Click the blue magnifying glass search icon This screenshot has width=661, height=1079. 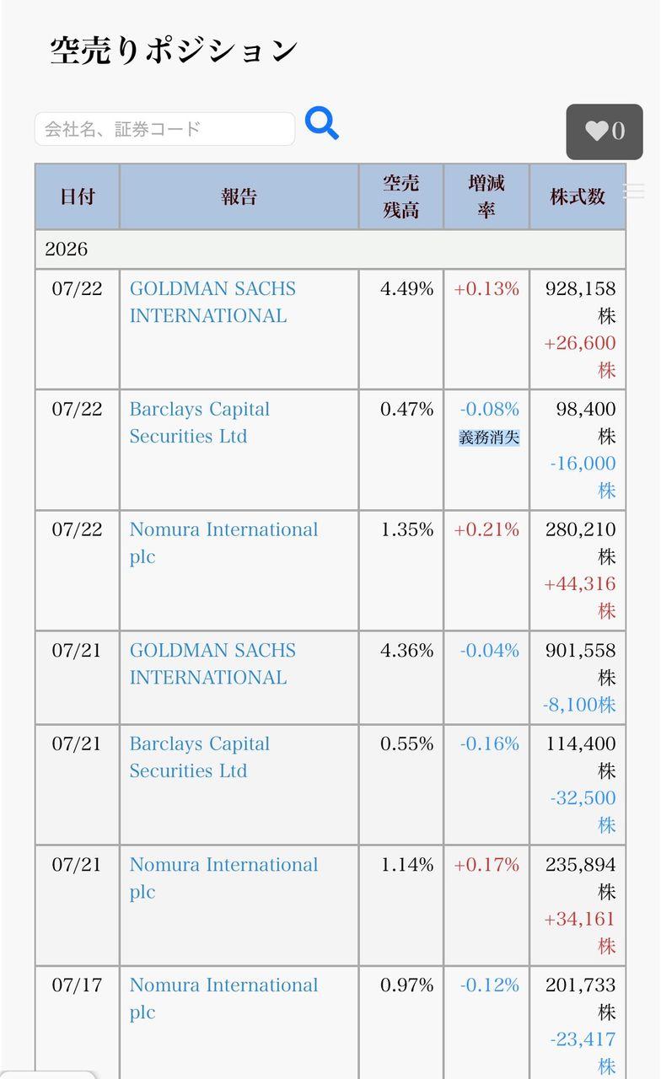pyautogui.click(x=321, y=123)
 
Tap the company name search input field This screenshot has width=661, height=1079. pyautogui.click(x=164, y=129)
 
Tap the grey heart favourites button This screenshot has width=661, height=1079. pyautogui.click(x=605, y=132)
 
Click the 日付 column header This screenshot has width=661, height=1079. pyautogui.click(x=77, y=196)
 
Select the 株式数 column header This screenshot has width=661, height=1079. pyautogui.click(x=578, y=196)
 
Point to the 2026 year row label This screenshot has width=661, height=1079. pyautogui.click(x=66, y=249)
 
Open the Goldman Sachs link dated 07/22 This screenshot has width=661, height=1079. pyautogui.click(x=212, y=302)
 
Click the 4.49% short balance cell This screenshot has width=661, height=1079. pyautogui.click(x=406, y=288)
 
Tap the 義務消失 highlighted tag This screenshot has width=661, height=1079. pyautogui.click(x=489, y=438)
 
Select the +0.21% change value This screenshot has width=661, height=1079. pyautogui.click(x=486, y=529)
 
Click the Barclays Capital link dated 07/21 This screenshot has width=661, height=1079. pyautogui.click(x=200, y=757)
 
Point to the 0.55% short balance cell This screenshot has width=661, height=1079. pyautogui.click(x=406, y=743)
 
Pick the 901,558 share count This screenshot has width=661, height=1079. pyautogui.click(x=580, y=650)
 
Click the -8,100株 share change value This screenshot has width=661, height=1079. pyautogui.click(x=579, y=705)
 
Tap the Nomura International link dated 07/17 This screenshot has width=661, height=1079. pyautogui.click(x=223, y=999)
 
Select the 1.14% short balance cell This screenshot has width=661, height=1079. pyautogui.click(x=406, y=865)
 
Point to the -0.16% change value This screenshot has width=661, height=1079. pyautogui.click(x=490, y=743)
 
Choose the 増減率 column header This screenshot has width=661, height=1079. pyautogui.click(x=486, y=196)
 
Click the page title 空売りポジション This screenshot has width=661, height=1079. pyautogui.click(x=174, y=51)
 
